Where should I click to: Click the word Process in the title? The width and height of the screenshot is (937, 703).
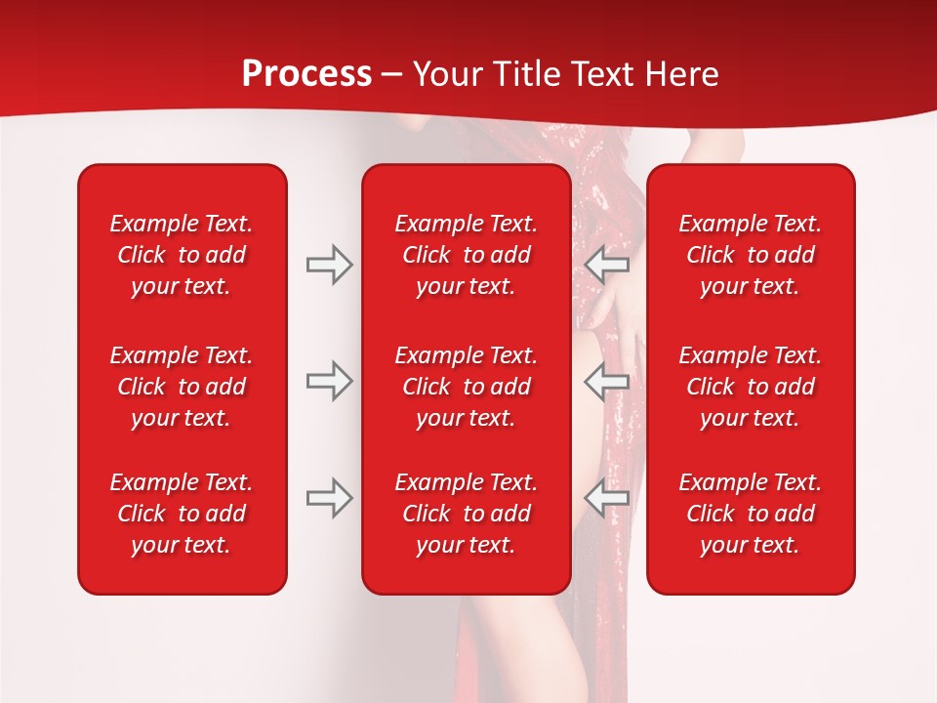coord(306,74)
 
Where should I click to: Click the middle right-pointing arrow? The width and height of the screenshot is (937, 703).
coord(329,381)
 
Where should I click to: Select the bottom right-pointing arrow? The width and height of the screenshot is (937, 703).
coord(329,498)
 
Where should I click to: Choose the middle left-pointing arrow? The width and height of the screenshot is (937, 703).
coord(607,381)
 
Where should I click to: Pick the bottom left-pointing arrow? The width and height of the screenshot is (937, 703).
coord(607,498)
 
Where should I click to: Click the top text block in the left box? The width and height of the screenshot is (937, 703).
coord(182,255)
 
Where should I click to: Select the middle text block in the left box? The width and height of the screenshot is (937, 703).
coord(182,387)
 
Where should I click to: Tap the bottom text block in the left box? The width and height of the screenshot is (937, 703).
coord(182,514)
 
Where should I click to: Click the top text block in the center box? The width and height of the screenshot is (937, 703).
coord(466,255)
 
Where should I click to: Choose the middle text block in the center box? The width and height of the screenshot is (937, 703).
coord(466,387)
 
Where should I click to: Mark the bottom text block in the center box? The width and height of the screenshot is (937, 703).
coord(466,514)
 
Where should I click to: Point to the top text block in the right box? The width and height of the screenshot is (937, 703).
coord(750,255)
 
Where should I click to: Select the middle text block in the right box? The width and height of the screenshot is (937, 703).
coord(750,387)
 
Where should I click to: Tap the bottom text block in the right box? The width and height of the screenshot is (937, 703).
coord(750,514)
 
